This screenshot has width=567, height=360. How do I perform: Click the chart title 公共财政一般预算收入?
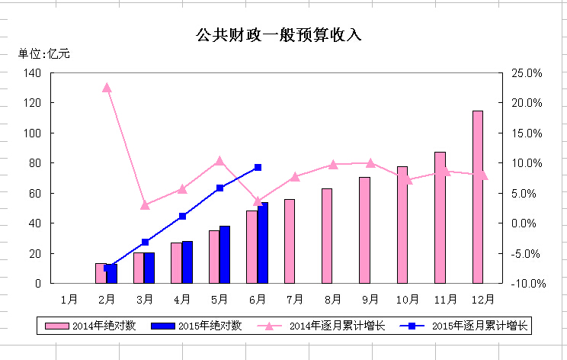(x=278, y=35)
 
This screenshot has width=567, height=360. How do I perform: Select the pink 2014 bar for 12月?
(x=478, y=197)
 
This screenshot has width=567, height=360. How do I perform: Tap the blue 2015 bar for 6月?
(x=263, y=243)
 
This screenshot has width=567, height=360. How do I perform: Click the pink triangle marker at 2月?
(x=107, y=88)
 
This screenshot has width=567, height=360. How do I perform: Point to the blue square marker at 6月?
(x=258, y=167)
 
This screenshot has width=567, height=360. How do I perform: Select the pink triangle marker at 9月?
(x=370, y=162)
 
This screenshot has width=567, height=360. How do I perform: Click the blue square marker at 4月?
(x=182, y=216)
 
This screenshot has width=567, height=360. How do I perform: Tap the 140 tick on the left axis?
(x=33, y=72)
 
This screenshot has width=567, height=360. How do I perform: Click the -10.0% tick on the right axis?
(x=525, y=283)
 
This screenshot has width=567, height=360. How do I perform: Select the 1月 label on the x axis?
(x=69, y=298)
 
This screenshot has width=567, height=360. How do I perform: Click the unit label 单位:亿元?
(x=44, y=53)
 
